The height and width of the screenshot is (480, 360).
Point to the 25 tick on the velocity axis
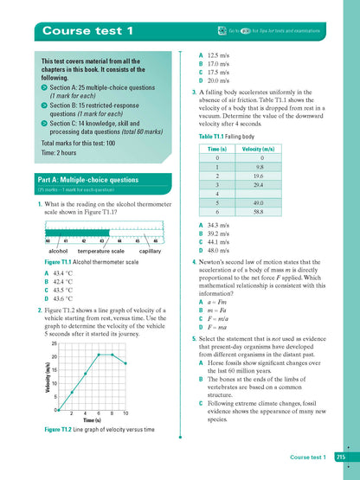[54, 343]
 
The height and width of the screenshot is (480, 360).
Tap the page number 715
[341, 457]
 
